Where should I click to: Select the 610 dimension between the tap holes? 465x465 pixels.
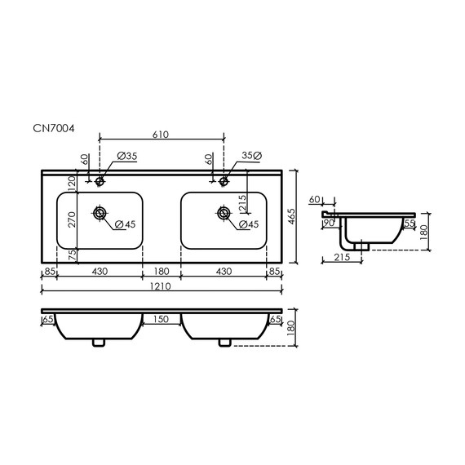162,136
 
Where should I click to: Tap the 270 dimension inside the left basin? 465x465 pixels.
71,219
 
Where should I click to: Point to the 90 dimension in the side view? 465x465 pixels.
330,222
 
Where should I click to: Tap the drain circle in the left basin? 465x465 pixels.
100,214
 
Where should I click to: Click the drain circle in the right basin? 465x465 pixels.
223,214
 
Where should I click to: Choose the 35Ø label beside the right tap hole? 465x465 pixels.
250,155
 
